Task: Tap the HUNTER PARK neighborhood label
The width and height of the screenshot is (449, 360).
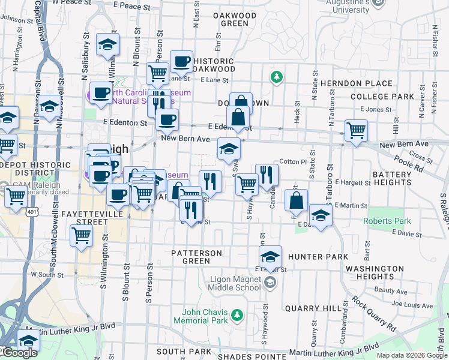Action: pos(318,257)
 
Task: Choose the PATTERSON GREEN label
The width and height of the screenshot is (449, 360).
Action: pos(196,257)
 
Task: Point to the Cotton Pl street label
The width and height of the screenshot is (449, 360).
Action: pos(293,162)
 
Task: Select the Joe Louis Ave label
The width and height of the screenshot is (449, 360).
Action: pos(414,305)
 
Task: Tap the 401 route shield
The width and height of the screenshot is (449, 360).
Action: pos(32,211)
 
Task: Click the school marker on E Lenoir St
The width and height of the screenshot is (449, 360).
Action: pos(270,257)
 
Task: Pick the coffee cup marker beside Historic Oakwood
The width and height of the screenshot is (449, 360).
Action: pos(181,61)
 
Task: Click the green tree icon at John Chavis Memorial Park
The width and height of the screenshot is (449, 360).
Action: pos(238,314)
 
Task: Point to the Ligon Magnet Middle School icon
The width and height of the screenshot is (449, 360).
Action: pos(270,282)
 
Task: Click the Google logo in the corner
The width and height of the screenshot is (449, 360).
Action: pos(20,353)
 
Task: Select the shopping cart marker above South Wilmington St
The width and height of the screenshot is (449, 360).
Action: pos(81,235)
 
